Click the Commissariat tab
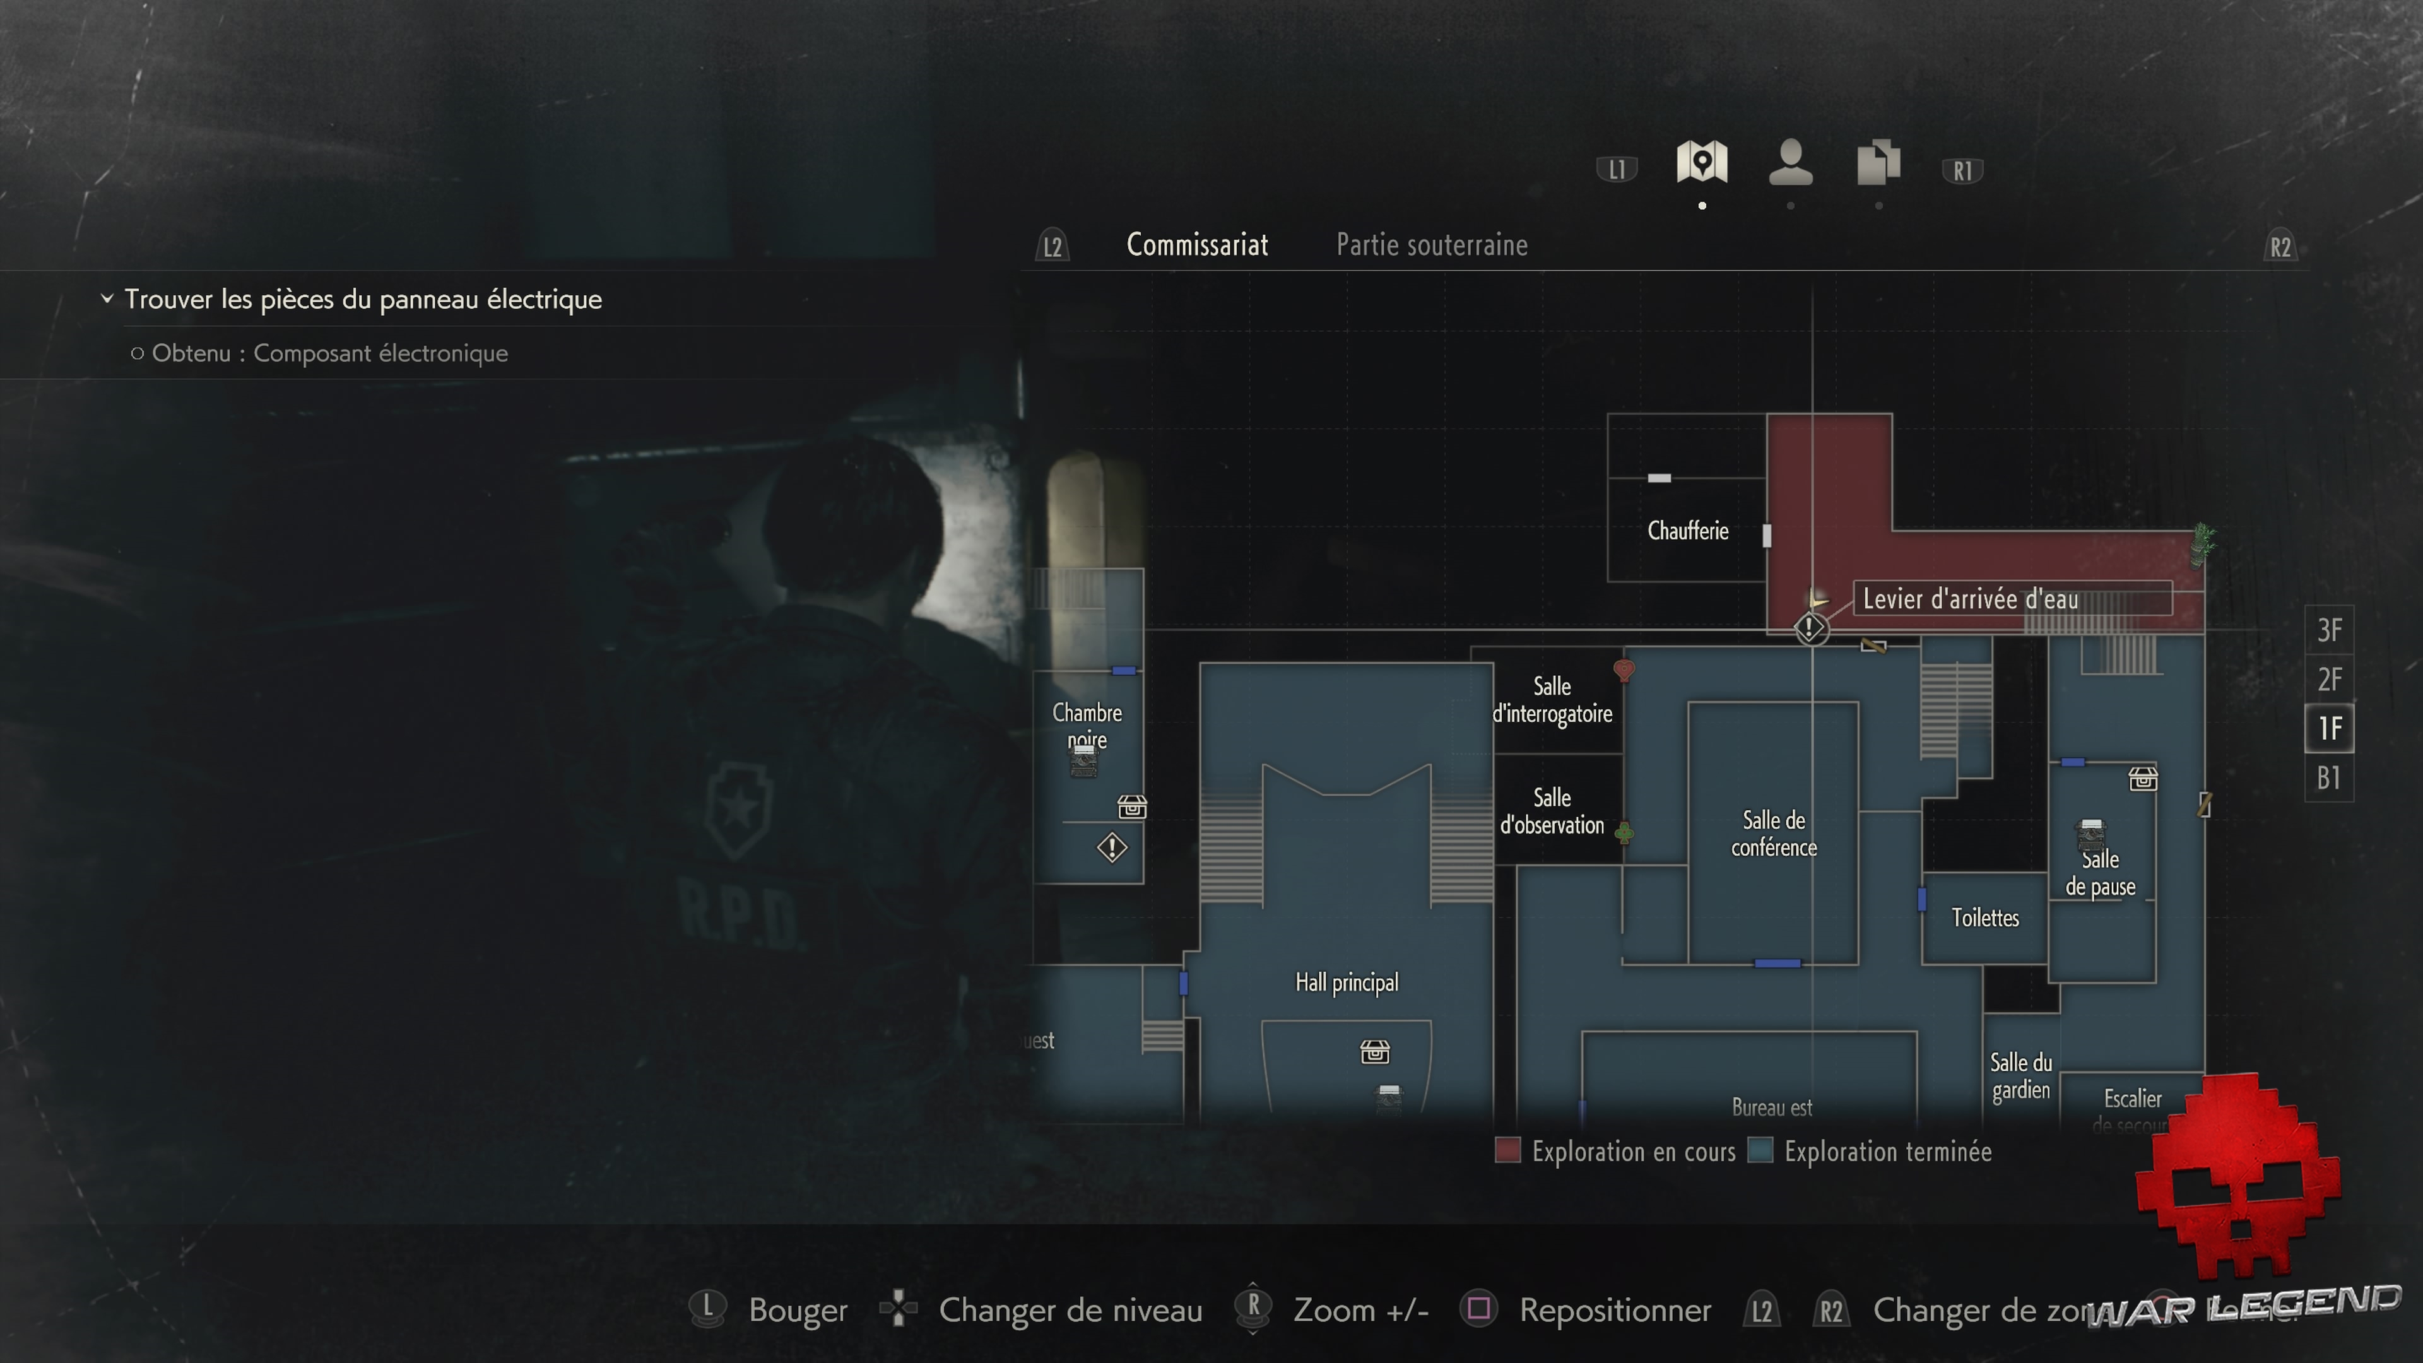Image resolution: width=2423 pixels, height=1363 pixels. click(1196, 245)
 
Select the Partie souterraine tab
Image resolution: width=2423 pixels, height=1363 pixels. click(1430, 245)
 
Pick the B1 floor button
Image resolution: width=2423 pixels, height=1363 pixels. click(2329, 778)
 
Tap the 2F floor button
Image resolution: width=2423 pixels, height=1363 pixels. click(2329, 679)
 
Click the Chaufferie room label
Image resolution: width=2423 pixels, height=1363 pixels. click(1687, 531)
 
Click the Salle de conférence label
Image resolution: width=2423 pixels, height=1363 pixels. click(1773, 834)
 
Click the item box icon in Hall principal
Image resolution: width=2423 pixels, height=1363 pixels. click(1374, 1052)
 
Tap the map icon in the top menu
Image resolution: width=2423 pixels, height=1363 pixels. click(1702, 163)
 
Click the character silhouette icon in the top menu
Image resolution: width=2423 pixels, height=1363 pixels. click(1790, 163)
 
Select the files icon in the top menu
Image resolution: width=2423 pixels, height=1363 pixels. click(1878, 163)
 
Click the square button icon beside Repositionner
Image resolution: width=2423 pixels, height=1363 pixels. click(1478, 1309)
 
